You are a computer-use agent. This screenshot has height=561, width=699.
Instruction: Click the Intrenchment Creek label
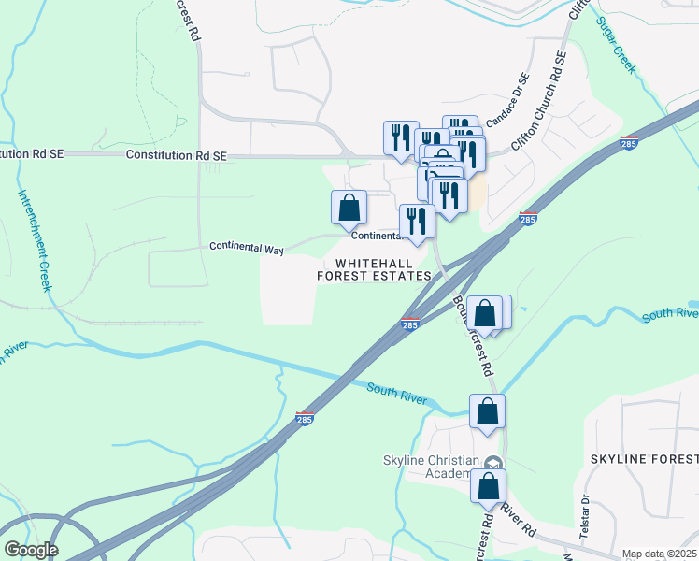[33, 241]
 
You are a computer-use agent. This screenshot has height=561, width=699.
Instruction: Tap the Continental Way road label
[247, 248]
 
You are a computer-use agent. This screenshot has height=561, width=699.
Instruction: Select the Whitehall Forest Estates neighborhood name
[374, 269]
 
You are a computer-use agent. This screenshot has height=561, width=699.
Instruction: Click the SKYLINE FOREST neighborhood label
[644, 458]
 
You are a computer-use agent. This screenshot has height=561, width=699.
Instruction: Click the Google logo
[30, 550]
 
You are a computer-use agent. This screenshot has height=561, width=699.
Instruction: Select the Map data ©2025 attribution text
[658, 554]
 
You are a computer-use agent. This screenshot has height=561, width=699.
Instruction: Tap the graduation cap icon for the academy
[492, 462]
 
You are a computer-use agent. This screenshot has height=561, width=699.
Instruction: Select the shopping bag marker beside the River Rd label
[488, 486]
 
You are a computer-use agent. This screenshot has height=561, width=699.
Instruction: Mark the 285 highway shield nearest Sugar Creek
[628, 142]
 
